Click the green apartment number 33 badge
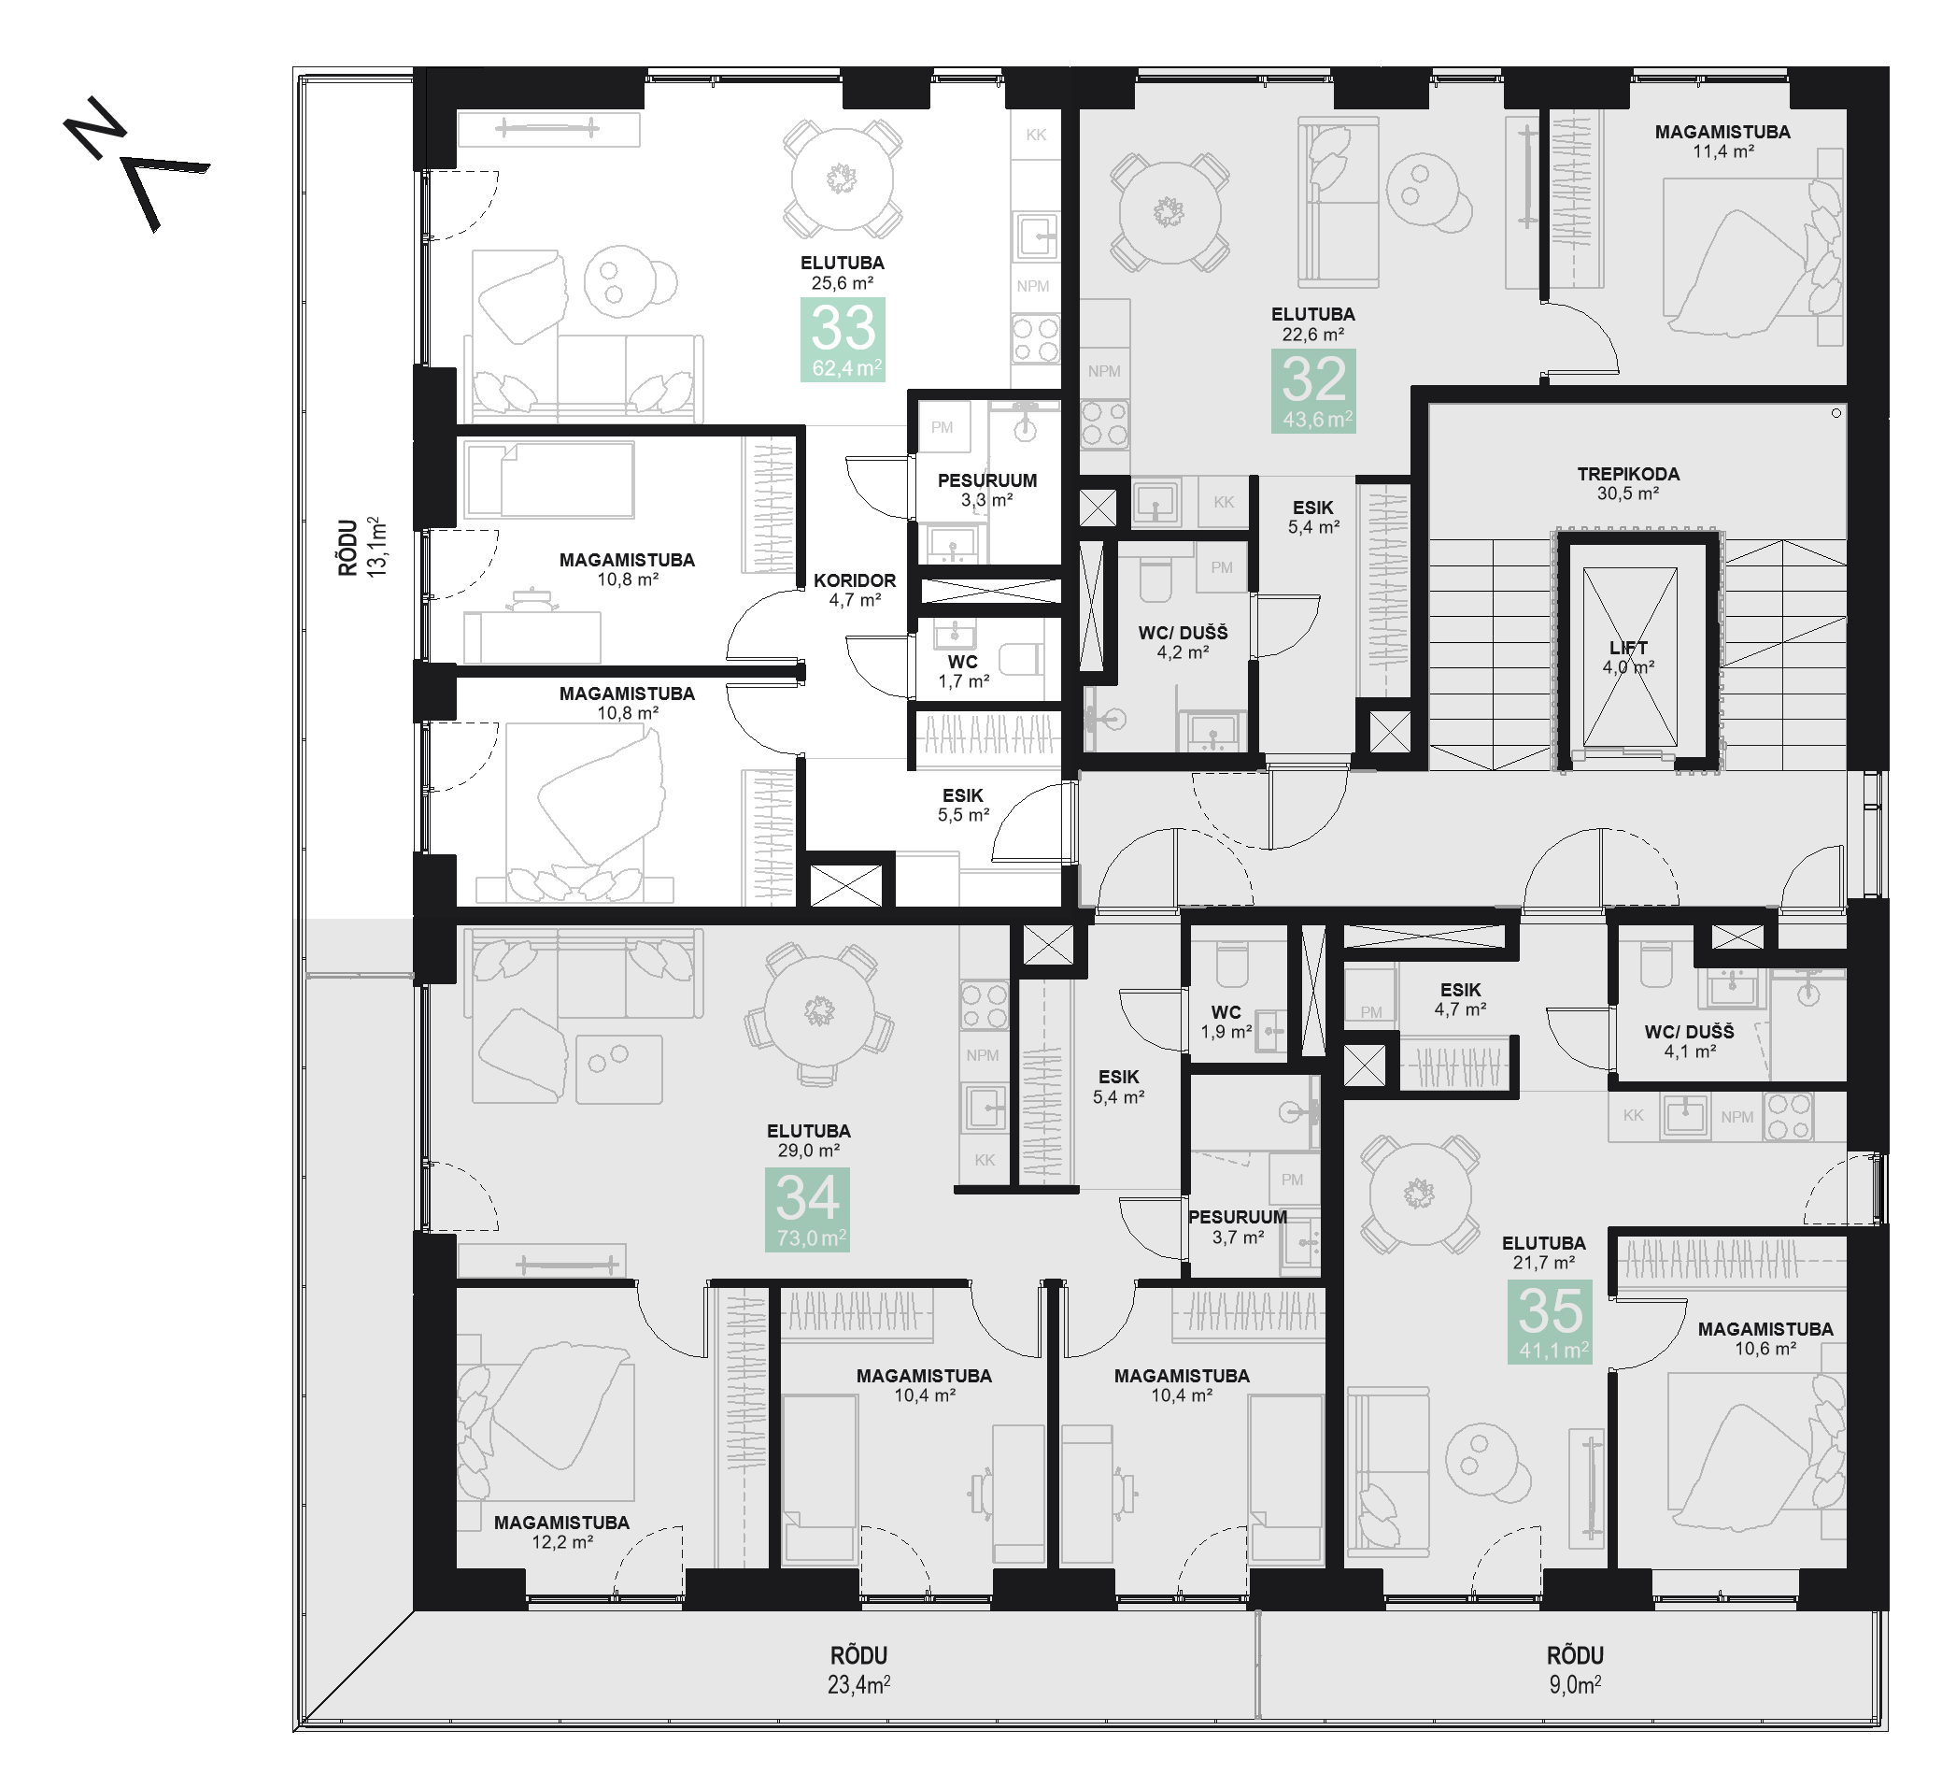[843, 339]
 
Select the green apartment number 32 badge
[1312, 390]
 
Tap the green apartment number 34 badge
[807, 1209]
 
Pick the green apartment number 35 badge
[1550, 1321]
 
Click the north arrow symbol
[135, 163]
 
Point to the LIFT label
[1628, 648]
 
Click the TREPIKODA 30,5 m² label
[1628, 483]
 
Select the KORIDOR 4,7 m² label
[855, 590]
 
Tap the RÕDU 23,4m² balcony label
[858, 1669]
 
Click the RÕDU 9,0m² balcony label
[1575, 1669]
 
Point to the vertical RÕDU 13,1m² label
[361, 548]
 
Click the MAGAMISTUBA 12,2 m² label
[561, 1532]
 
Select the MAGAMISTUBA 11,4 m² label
[1723, 141]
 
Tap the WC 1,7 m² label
[963, 672]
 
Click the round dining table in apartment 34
[820, 1010]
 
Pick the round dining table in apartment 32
[1169, 211]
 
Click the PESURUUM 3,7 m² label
[1238, 1227]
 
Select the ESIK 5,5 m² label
[963, 806]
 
